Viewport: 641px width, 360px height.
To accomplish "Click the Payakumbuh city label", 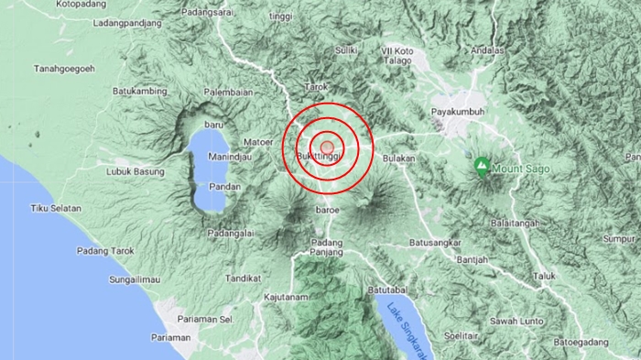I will point(457,113).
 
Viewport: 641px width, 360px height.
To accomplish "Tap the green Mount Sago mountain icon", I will point(482,166).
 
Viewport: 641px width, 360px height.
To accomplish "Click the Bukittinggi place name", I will point(319,158).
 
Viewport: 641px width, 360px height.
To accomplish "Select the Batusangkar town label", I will point(439,242).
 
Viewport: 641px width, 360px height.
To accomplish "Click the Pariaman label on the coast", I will point(171,337).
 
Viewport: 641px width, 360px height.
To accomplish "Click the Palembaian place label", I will point(228,93).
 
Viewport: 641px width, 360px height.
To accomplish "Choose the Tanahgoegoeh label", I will point(64,68).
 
